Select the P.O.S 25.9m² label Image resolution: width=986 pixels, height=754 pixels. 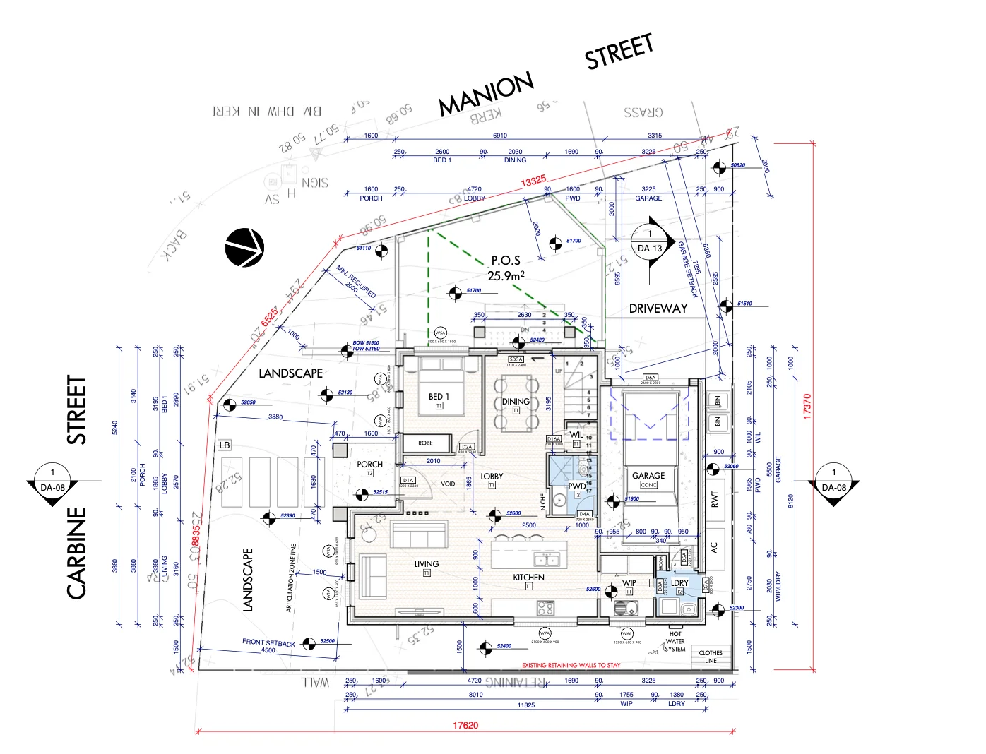[x=506, y=268]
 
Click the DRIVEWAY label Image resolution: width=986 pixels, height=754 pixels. [x=658, y=309]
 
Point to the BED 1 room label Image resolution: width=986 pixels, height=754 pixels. [x=439, y=397]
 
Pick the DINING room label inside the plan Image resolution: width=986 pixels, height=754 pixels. [x=516, y=402]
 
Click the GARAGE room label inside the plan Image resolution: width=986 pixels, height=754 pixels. [x=648, y=476]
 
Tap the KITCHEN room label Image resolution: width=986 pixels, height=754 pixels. [x=528, y=578]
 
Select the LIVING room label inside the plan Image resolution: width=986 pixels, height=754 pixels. [x=427, y=564]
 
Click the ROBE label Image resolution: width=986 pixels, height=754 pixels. [x=425, y=443]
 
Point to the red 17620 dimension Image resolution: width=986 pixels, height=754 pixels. [x=465, y=725]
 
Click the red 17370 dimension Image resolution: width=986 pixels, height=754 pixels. [x=807, y=406]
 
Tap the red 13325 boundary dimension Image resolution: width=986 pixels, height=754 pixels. [x=534, y=181]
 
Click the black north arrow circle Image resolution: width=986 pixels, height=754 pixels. [x=244, y=248]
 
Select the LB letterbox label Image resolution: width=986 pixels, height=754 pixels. [x=225, y=445]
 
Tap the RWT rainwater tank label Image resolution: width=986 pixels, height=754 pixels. [x=714, y=499]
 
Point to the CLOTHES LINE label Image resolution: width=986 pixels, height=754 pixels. [x=711, y=657]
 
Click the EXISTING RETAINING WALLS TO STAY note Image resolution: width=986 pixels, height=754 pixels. [x=571, y=665]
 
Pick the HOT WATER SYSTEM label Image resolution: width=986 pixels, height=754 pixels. [x=675, y=642]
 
